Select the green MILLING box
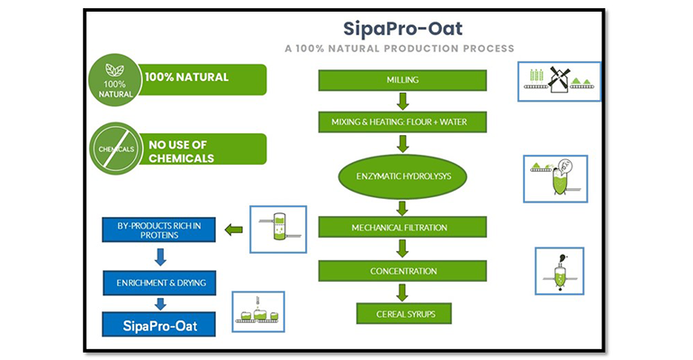[x=401, y=81]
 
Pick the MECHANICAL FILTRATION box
[x=401, y=228]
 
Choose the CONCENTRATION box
[x=401, y=271]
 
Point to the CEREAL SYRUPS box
[x=401, y=314]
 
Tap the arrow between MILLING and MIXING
[x=402, y=101]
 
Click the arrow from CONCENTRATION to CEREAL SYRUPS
[x=402, y=292]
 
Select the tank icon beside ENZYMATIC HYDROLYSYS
[x=555, y=178]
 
